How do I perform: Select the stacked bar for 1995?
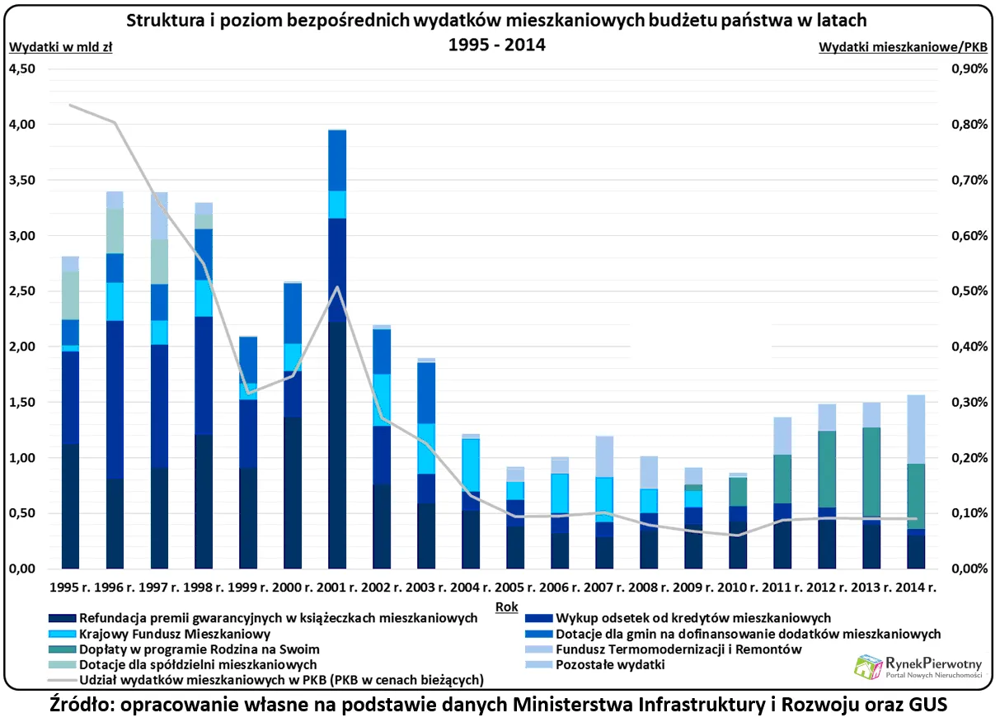[70, 413]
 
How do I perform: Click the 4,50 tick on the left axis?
[22, 69]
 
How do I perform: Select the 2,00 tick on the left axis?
[22, 347]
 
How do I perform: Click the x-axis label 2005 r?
[518, 589]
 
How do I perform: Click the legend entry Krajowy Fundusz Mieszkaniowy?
[175, 634]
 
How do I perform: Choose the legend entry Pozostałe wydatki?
[610, 665]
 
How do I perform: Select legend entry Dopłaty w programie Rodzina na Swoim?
[199, 649]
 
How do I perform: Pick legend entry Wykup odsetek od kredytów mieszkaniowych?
[693, 618]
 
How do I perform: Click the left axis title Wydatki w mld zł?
[60, 47]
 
